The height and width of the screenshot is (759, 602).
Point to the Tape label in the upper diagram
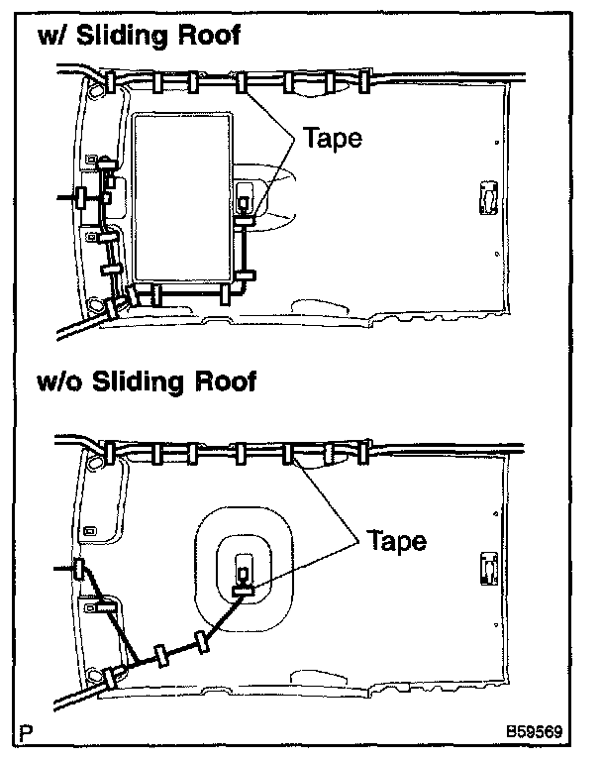(332, 138)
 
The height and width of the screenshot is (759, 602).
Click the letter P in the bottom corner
(27, 735)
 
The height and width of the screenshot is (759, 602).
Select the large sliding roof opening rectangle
(185, 196)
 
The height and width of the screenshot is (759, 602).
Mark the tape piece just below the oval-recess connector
(244, 591)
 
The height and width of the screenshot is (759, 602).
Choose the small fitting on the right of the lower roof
(488, 568)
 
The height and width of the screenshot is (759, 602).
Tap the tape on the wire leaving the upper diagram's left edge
(83, 197)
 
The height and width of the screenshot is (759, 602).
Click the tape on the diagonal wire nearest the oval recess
(203, 641)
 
